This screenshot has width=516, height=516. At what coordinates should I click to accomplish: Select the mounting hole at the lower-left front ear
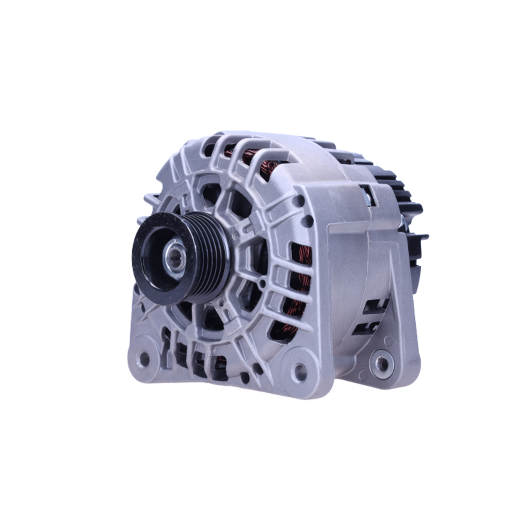(144, 358)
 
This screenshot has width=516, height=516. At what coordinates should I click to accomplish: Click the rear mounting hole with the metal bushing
(382, 363)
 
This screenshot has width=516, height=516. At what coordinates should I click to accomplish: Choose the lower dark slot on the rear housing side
(372, 326)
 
